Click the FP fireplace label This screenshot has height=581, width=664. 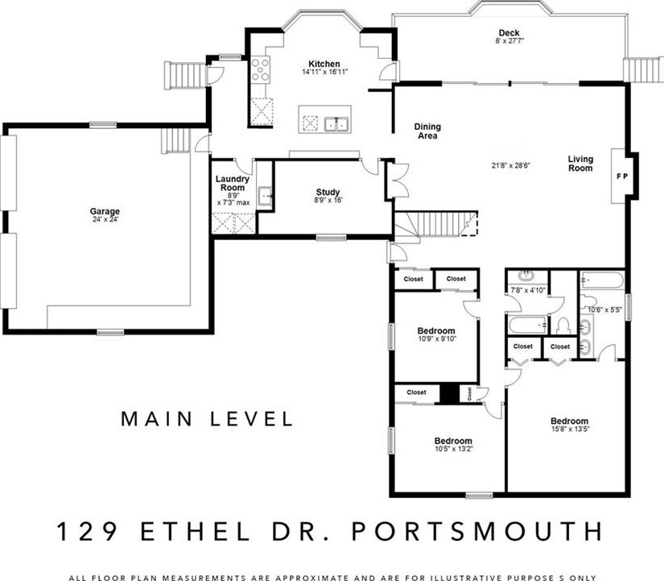pyautogui.click(x=622, y=176)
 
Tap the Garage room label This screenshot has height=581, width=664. pyautogui.click(x=105, y=211)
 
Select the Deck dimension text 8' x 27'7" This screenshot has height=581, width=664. pyautogui.click(x=509, y=41)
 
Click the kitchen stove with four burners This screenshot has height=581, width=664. pyautogui.click(x=260, y=68)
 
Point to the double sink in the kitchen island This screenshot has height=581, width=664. pyautogui.click(x=336, y=124)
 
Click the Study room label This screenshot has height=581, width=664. pyautogui.click(x=328, y=192)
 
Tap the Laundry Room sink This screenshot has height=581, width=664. pyautogui.click(x=265, y=197)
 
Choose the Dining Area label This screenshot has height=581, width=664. pyautogui.click(x=427, y=131)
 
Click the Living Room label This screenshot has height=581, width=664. pyautogui.click(x=580, y=164)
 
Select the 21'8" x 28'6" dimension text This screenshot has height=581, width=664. pyautogui.click(x=511, y=165)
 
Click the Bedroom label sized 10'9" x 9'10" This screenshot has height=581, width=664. pyautogui.click(x=436, y=330)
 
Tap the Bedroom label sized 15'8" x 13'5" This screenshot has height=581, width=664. pyautogui.click(x=570, y=421)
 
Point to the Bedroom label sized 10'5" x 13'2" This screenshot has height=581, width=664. pyautogui.click(x=453, y=441)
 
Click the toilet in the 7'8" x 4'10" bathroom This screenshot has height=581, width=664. pyautogui.click(x=563, y=326)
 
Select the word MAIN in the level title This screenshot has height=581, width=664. pyautogui.click(x=157, y=418)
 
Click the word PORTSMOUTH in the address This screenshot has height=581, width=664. pyautogui.click(x=477, y=531)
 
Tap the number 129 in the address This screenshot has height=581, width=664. pyautogui.click(x=87, y=531)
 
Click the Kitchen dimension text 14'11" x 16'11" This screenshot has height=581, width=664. pyautogui.click(x=325, y=72)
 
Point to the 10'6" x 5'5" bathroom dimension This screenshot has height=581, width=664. pyautogui.click(x=604, y=310)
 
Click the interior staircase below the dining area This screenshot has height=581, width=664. pyautogui.click(x=436, y=225)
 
